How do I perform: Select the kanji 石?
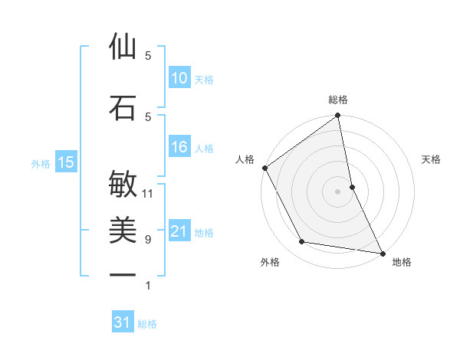pyautogui.click(x=123, y=108)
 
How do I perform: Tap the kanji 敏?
pyautogui.click(x=123, y=184)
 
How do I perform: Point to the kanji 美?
pyautogui.click(x=123, y=230)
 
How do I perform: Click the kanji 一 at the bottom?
pyautogui.click(x=123, y=275)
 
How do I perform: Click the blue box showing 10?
pyautogui.click(x=179, y=78)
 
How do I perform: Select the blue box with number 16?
pyautogui.click(x=179, y=148)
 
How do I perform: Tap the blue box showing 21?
pyautogui.click(x=179, y=232)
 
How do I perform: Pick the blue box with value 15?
pyautogui.click(x=65, y=162)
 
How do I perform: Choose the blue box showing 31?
pyautogui.click(x=123, y=322)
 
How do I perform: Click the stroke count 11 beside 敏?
pyautogui.click(x=148, y=194)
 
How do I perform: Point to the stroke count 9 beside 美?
pyautogui.click(x=148, y=240)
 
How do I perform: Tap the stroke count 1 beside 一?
pyautogui.click(x=148, y=286)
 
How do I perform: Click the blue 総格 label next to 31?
pyautogui.click(x=147, y=324)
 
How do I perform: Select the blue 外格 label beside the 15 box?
pyautogui.click(x=41, y=162)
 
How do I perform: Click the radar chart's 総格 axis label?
pyautogui.click(x=338, y=100)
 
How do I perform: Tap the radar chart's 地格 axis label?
pyautogui.click(x=402, y=262)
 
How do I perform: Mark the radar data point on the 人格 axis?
pyautogui.click(x=265, y=168)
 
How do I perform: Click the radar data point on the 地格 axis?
pyautogui.click(x=382, y=252)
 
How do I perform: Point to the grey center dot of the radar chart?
pyautogui.click(x=338, y=191)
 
